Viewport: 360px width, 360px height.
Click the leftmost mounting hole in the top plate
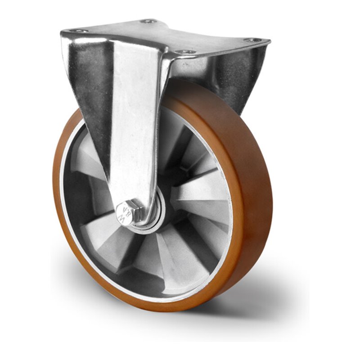79,31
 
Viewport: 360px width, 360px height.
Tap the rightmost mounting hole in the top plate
253,40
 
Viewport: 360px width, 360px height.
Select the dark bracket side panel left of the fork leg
90,90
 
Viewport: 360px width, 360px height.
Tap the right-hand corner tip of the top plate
269,42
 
